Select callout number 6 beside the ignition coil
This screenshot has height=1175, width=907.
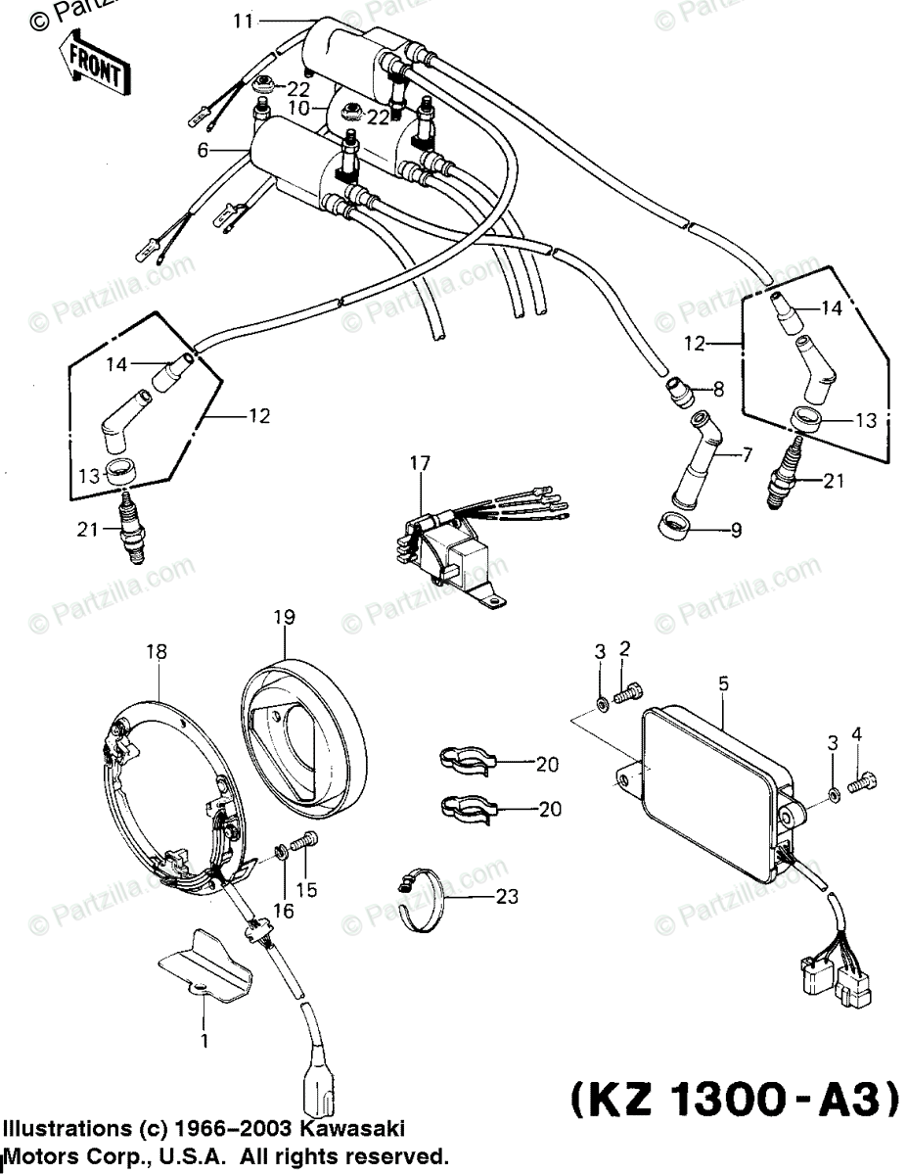point(203,151)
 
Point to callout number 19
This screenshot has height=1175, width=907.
point(284,618)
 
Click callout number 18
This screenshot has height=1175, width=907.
point(157,651)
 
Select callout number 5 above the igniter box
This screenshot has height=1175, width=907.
point(723,685)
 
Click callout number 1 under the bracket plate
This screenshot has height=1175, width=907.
point(204,1041)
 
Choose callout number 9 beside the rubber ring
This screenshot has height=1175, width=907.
point(736,531)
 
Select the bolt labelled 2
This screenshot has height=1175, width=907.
point(629,692)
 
